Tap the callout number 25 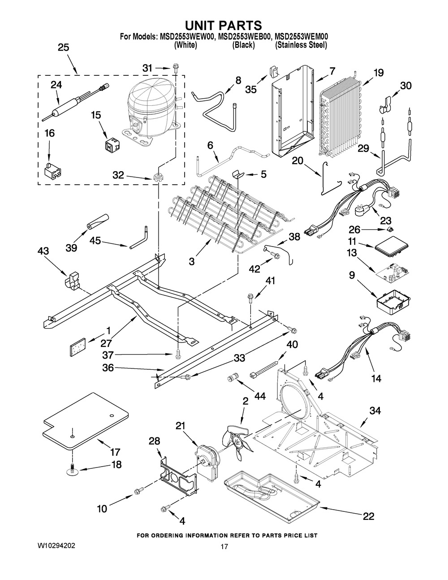[x=64, y=48]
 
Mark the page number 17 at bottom [x=224, y=546]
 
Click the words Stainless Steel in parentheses [x=301, y=45]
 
